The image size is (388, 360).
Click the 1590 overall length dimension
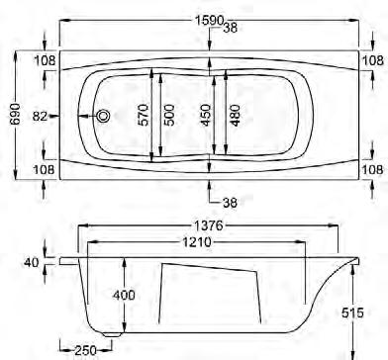click(x=209, y=21)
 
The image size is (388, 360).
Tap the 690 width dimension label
click(x=15, y=115)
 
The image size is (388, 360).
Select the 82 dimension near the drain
click(x=41, y=116)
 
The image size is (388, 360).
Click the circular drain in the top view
click(x=103, y=116)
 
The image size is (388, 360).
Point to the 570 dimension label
click(x=144, y=115)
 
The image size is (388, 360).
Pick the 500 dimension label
click(x=168, y=115)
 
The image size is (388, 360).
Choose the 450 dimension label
click(x=205, y=115)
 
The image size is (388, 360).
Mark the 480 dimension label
click(x=235, y=116)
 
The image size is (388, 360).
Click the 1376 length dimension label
click(x=208, y=225)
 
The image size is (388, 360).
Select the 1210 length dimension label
click(x=197, y=242)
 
